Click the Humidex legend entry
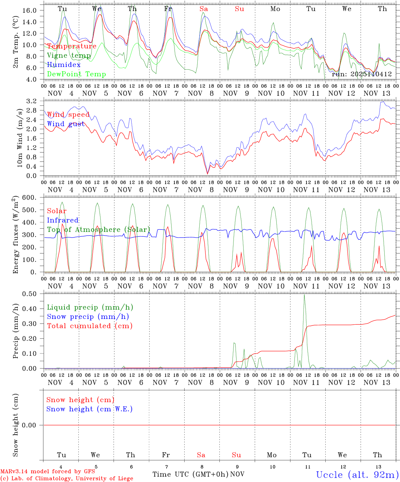(x=64, y=65)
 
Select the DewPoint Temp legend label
(x=76, y=74)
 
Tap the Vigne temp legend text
(x=69, y=56)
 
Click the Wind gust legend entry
(x=66, y=124)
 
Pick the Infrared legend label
(x=63, y=220)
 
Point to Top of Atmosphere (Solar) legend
(x=98, y=230)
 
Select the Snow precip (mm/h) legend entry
(x=88, y=317)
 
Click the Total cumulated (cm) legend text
(x=89, y=326)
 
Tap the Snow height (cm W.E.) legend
(x=89, y=409)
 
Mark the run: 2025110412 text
(x=361, y=74)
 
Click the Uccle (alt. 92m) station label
(x=357, y=475)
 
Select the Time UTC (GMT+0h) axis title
(x=190, y=474)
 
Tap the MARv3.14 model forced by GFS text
(x=48, y=471)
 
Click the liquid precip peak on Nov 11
(x=304, y=295)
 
